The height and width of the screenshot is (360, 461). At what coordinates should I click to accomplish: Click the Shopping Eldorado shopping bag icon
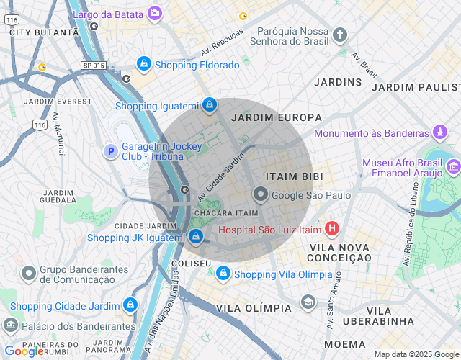click(x=144, y=65)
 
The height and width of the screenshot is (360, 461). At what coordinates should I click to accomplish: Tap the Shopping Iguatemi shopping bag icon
click(x=209, y=105)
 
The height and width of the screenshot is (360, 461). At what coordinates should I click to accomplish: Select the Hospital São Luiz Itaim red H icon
click(x=331, y=230)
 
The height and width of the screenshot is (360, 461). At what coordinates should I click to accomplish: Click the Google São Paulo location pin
click(x=260, y=195)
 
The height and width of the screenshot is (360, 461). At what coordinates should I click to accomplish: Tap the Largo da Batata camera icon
click(x=154, y=13)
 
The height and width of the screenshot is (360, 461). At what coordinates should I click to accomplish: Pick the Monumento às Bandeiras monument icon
click(x=440, y=133)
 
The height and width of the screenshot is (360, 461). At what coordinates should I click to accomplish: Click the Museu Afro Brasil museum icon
click(x=453, y=168)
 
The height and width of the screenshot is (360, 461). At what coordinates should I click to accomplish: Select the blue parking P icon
click(x=110, y=151)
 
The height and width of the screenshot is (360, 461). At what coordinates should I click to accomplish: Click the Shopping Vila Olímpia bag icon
click(x=223, y=274)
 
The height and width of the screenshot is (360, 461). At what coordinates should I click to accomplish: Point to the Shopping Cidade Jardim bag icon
click(x=130, y=305)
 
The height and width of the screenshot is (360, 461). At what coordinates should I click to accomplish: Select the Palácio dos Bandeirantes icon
click(x=11, y=325)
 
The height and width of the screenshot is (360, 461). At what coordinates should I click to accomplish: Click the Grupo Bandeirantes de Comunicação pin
click(x=29, y=274)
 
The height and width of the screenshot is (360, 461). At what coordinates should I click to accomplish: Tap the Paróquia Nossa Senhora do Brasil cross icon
click(x=340, y=35)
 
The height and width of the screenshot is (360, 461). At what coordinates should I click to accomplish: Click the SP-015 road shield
click(x=94, y=66)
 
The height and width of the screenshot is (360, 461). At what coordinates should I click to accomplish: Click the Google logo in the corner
click(x=23, y=351)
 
